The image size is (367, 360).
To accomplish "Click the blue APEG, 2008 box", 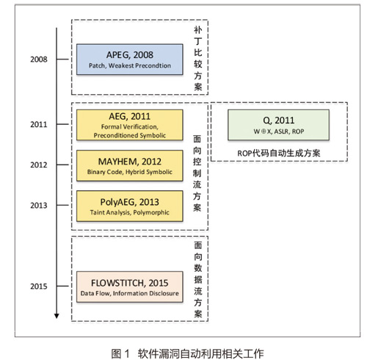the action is click(130, 60).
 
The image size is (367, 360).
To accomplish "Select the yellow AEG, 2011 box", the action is click(130, 125).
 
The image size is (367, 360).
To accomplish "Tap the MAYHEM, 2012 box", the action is click(130, 165).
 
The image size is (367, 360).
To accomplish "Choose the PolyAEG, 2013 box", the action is click(130, 206).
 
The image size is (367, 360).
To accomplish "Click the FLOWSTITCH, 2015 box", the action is click(130, 287).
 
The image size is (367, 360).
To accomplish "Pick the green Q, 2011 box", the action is click(278, 125).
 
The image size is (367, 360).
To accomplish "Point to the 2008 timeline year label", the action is click(39, 60).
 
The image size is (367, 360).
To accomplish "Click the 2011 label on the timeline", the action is click(39, 124).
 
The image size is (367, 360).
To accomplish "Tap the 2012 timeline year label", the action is click(39, 165).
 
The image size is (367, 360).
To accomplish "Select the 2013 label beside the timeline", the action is click(39, 205).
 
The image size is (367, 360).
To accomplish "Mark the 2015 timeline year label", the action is click(39, 286).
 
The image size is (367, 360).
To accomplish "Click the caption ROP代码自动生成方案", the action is click(279, 154).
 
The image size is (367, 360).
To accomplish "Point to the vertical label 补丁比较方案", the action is click(198, 58).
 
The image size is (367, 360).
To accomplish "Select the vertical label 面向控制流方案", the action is click(197, 173).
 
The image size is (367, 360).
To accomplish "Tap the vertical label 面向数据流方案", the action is click(198, 279).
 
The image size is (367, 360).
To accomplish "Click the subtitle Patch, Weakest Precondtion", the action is click(130, 65).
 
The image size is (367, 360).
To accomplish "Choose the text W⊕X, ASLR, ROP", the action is click(279, 132).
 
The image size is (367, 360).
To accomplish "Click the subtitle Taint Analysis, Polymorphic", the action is click(129, 212).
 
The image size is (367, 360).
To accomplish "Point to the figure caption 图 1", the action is click(120, 353).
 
